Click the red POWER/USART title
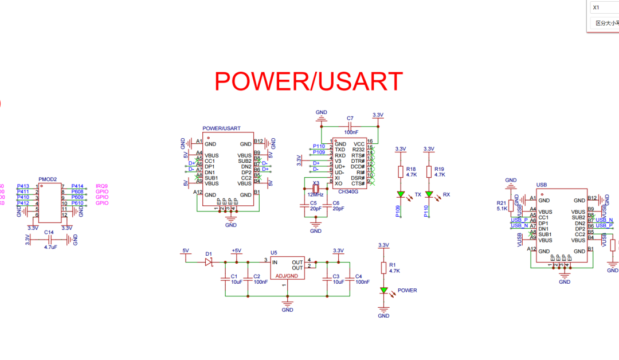[x=308, y=81]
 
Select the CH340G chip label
[x=348, y=192]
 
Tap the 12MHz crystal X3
[x=315, y=190]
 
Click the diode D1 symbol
[x=209, y=262]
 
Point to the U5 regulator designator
[x=274, y=252]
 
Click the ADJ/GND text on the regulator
[x=287, y=276]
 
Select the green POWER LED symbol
[x=384, y=291]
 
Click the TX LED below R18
[x=401, y=195]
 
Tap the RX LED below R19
[x=429, y=195]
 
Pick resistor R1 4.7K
[x=384, y=268]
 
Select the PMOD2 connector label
[x=48, y=179]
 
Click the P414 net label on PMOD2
[x=77, y=186]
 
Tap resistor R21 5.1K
[x=511, y=206]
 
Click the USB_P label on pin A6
[x=519, y=220]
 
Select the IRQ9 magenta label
[x=102, y=186]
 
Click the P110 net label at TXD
[x=319, y=147]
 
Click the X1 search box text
[x=597, y=7]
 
